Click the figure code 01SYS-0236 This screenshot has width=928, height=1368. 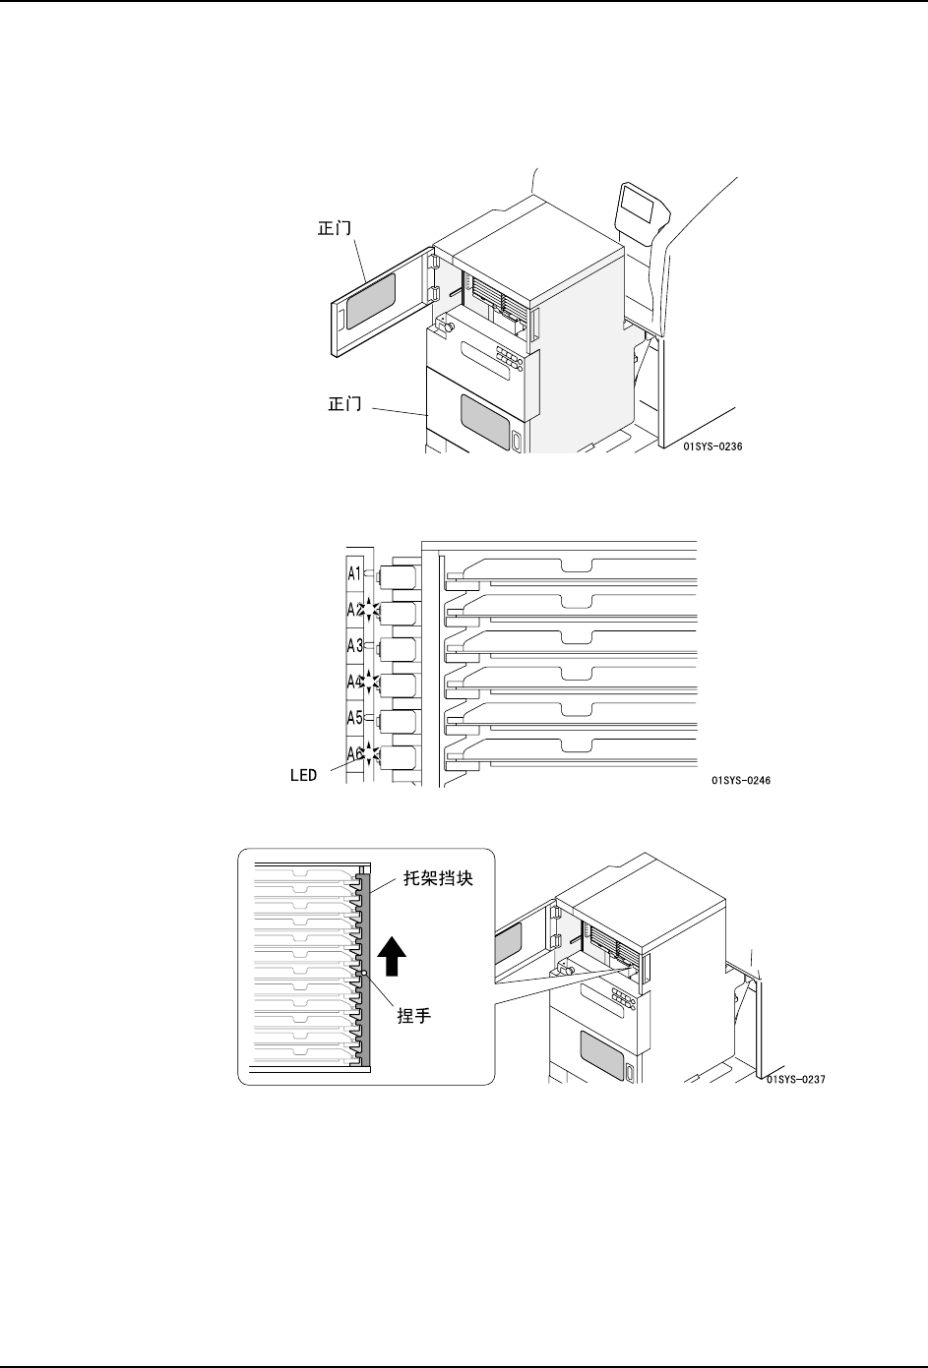click(x=711, y=446)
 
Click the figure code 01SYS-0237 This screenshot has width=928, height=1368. click(x=794, y=1079)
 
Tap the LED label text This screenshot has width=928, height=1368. click(x=303, y=775)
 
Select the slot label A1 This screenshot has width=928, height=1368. click(x=354, y=572)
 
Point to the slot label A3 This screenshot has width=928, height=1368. click(x=354, y=645)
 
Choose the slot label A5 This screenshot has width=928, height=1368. click(x=354, y=717)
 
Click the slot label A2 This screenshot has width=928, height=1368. click(x=354, y=609)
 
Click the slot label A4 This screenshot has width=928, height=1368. click(x=354, y=681)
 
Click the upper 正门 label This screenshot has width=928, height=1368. click(x=336, y=228)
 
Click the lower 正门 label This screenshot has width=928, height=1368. click(x=344, y=403)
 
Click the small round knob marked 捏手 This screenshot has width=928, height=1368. click(x=364, y=974)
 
